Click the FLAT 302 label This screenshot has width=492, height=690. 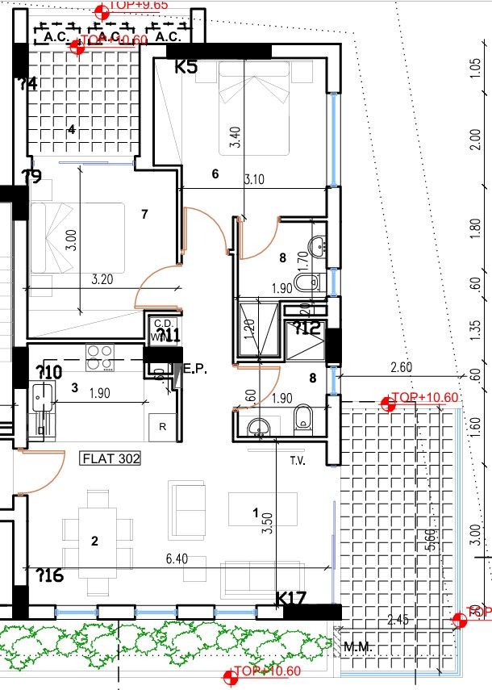point(111,459)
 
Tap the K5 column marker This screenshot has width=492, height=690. point(186,67)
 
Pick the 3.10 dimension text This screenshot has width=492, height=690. point(252,180)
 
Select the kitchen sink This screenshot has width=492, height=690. point(41,396)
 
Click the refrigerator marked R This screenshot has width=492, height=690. point(163,427)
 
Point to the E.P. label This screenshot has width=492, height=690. point(196,369)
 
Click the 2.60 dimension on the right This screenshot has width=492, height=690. point(402,368)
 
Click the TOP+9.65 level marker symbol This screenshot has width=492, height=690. point(102,10)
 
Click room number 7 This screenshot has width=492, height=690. point(144,214)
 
